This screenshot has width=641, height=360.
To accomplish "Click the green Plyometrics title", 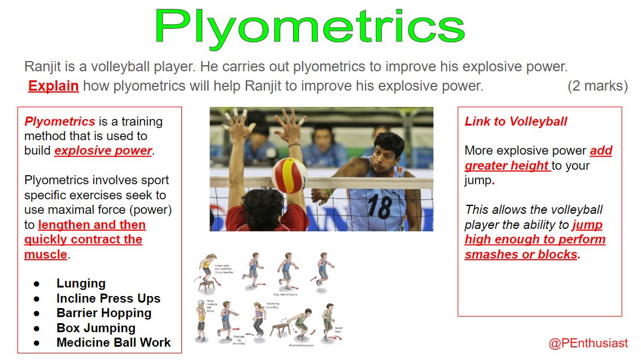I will (309, 27).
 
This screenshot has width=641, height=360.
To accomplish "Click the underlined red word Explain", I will (53, 86).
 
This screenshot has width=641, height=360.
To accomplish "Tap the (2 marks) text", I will (597, 86).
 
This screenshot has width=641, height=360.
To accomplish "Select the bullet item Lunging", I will (81, 283).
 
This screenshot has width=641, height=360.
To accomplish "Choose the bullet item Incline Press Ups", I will (108, 298).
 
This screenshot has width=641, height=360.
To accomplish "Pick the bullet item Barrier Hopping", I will (104, 313).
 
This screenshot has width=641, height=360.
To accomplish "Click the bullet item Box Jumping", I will (95, 328).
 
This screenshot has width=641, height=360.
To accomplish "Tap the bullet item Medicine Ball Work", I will (114, 342).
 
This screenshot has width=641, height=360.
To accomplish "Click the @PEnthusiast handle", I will (588, 343).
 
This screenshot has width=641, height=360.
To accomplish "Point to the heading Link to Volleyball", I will (515, 121).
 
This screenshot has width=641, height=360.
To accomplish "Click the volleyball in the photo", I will (289, 175).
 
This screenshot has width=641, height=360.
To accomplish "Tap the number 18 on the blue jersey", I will (379, 205).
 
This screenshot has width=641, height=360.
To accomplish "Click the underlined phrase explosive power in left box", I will (103, 150).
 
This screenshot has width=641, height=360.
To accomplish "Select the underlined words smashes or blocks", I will (520, 254).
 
